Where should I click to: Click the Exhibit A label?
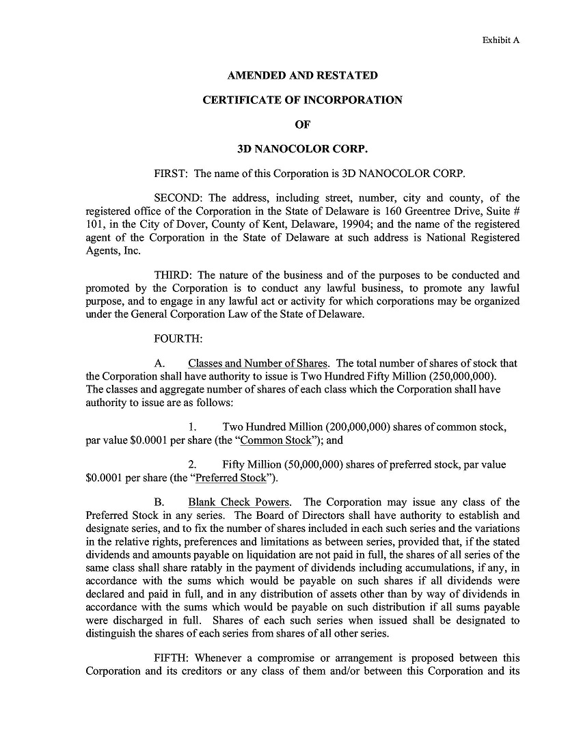click(x=501, y=40)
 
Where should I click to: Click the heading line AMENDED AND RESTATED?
click(x=302, y=75)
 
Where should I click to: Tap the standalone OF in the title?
click(x=302, y=124)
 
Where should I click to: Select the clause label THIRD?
click(x=174, y=276)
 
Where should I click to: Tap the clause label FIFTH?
click(x=172, y=658)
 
